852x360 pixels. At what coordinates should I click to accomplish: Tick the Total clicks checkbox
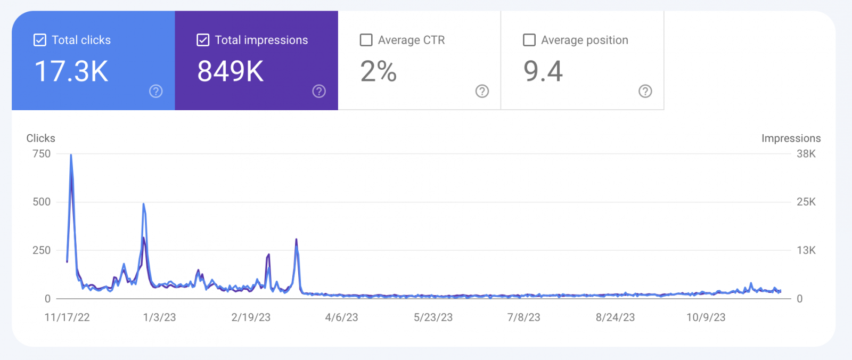40,40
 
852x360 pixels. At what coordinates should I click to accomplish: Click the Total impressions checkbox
203,40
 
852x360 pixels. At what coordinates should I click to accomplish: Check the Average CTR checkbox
366,40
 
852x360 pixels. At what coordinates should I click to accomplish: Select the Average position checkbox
529,40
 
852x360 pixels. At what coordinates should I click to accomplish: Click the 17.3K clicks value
71,71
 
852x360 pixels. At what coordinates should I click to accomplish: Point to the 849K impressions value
231,71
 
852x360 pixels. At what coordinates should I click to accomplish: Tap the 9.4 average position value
543,71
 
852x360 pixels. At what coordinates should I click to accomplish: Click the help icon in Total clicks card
156,91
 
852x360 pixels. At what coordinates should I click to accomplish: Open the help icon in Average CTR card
482,91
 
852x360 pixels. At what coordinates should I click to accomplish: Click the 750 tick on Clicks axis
42,154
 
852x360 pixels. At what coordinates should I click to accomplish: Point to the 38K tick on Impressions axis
806,154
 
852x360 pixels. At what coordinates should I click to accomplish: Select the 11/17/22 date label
67,317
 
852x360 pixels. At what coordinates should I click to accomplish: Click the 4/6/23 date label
341,317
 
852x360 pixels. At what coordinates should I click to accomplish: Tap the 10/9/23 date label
706,317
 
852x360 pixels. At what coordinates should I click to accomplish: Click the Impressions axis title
791,138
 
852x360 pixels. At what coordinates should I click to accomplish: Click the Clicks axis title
41,138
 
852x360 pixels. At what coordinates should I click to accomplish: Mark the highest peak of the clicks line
71,156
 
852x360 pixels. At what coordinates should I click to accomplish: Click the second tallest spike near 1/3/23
143,204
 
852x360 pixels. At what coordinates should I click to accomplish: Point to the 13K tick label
806,250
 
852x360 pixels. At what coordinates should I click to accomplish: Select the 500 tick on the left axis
42,202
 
